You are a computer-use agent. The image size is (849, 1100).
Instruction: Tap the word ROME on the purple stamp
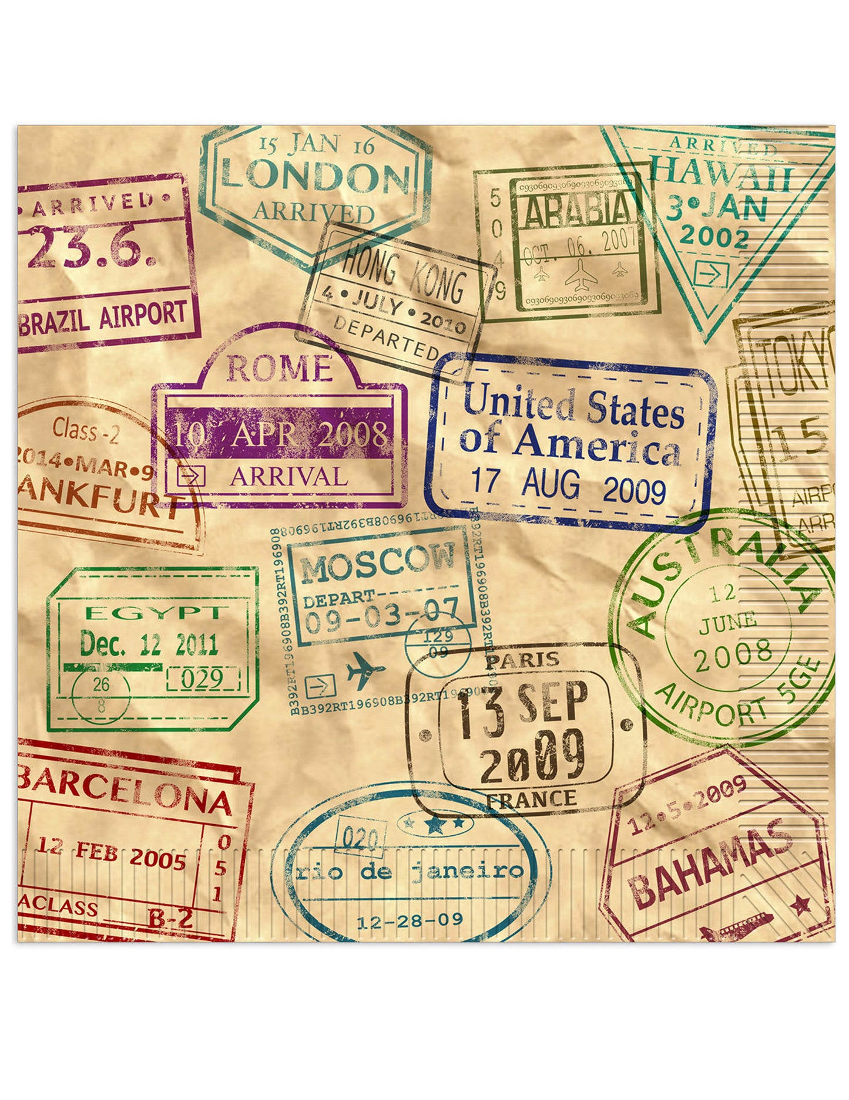tap(279, 369)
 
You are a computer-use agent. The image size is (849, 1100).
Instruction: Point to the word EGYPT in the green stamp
tap(153, 613)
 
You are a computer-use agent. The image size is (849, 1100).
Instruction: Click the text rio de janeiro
tap(409, 870)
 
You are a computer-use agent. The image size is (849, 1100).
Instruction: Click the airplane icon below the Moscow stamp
tap(365, 670)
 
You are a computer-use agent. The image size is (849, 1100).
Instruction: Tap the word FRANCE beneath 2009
tap(531, 800)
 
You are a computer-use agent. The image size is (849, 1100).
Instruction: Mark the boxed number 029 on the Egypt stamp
tap(201, 679)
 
